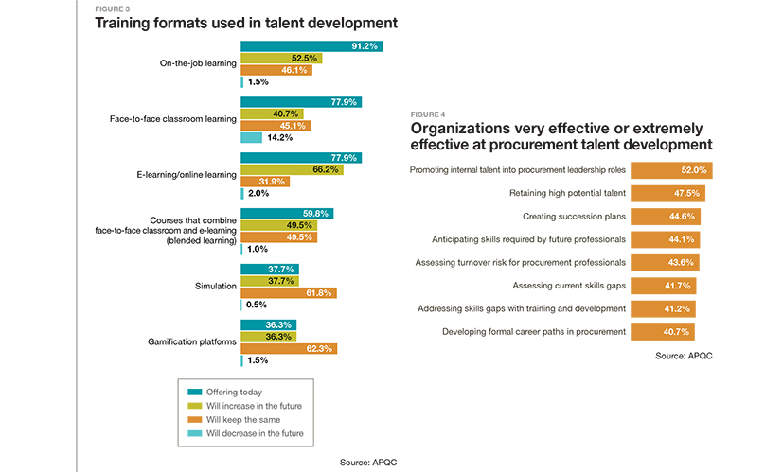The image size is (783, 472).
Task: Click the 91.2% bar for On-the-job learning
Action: [311, 45]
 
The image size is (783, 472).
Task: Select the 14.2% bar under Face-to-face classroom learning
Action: [251, 137]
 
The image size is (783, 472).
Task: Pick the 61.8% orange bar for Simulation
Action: [289, 293]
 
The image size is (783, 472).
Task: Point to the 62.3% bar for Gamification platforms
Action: [289, 348]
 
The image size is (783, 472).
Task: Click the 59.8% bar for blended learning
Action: [287, 214]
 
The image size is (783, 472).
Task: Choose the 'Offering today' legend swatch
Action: [195, 392]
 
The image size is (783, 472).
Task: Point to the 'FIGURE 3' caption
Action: [112, 7]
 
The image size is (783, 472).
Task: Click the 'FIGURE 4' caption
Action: [427, 114]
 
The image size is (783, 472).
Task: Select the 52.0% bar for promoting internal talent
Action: [671, 171]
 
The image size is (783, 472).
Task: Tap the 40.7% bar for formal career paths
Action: [663, 331]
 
